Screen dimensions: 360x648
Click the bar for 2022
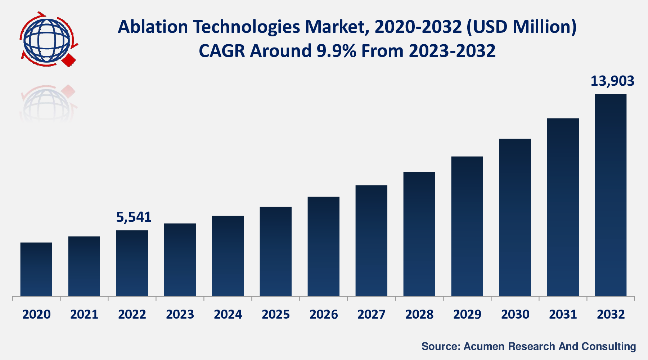(132, 263)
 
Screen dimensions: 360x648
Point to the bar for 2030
(515, 217)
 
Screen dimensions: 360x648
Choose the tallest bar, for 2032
(611, 195)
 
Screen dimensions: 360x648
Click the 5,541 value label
(134, 217)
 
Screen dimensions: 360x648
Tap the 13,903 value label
(612, 81)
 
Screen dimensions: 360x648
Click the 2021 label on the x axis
(84, 315)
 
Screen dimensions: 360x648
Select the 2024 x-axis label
(228, 315)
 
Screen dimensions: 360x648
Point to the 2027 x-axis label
(372, 315)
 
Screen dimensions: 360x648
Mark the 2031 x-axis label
(563, 315)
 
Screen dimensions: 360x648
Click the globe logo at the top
(47, 40)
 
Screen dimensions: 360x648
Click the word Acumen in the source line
(484, 346)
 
